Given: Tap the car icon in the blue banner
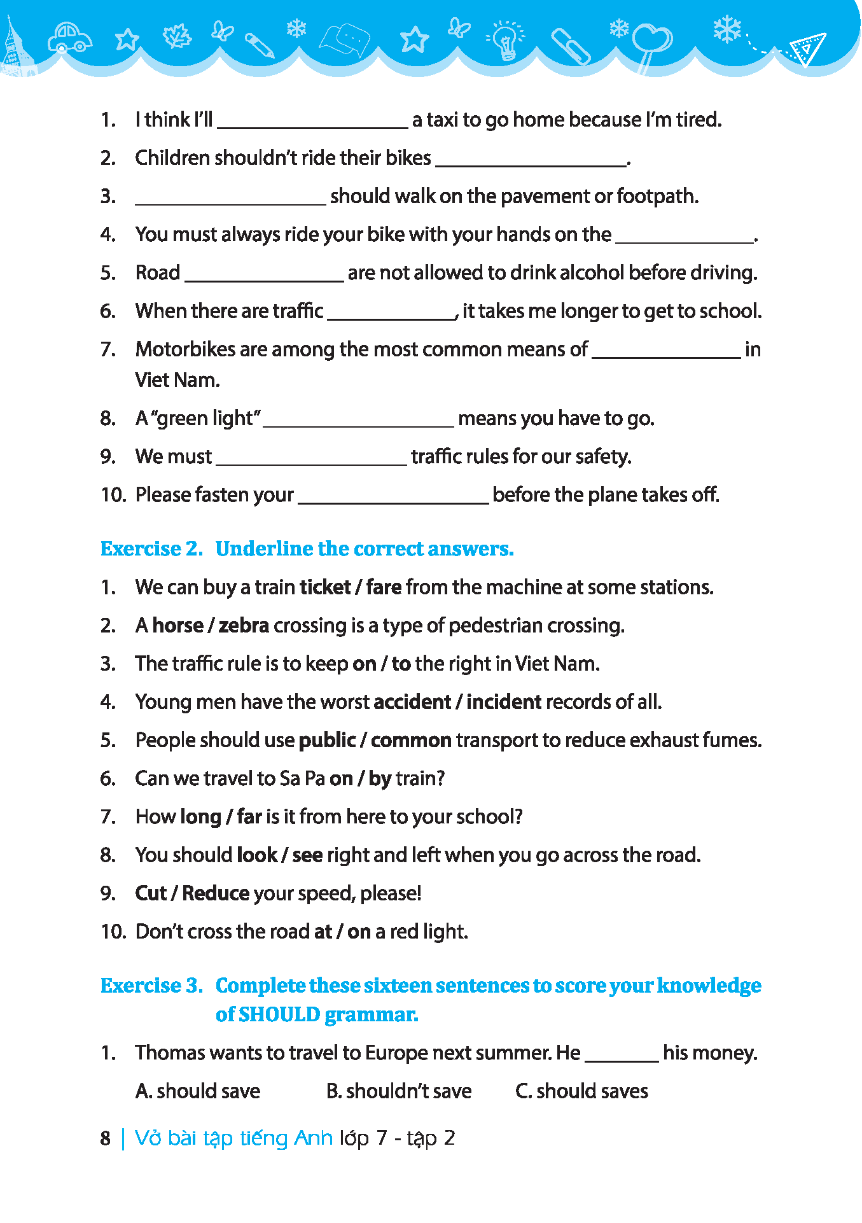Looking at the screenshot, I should (x=70, y=38).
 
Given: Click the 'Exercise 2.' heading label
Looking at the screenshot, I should (x=151, y=549).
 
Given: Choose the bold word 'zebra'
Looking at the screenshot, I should (x=244, y=625).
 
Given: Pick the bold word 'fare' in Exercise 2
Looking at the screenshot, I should (x=384, y=587).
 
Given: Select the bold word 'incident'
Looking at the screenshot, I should (x=504, y=702).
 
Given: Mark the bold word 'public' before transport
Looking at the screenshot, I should (x=327, y=740).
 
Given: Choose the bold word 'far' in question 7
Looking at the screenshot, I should (x=249, y=816).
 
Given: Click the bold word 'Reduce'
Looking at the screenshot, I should (x=216, y=893).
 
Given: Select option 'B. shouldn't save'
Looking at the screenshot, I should (x=399, y=1091).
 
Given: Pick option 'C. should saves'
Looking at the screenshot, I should (x=581, y=1091).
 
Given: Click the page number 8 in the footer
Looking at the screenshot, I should (x=106, y=1138).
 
